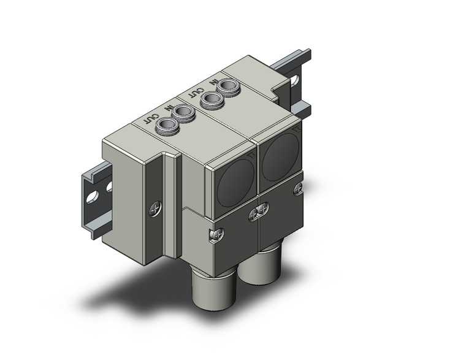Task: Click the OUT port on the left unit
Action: coord(167,126)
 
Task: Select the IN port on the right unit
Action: coord(229,86)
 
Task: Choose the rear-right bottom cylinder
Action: coord(262,262)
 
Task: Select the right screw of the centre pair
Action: coord(262,210)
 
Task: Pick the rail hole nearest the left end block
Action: coord(110,185)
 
